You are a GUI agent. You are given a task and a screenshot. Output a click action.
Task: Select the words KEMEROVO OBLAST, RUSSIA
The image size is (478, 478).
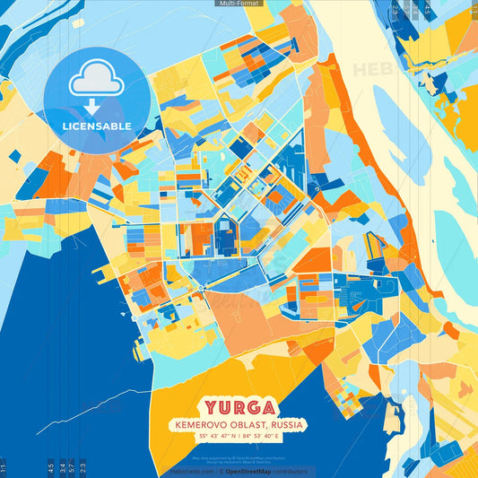tap(239, 423)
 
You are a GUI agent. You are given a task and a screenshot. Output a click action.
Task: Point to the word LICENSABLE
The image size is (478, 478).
tap(96, 126)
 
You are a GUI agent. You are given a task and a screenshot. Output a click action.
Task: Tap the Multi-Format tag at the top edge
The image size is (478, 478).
tap(239, 4)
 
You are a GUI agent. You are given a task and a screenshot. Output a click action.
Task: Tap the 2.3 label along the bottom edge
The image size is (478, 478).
tap(83, 466)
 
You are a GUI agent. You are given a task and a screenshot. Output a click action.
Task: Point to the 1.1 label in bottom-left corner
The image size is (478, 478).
tap(4, 467)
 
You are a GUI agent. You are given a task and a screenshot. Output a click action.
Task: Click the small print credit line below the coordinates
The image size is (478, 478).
tap(239, 448)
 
